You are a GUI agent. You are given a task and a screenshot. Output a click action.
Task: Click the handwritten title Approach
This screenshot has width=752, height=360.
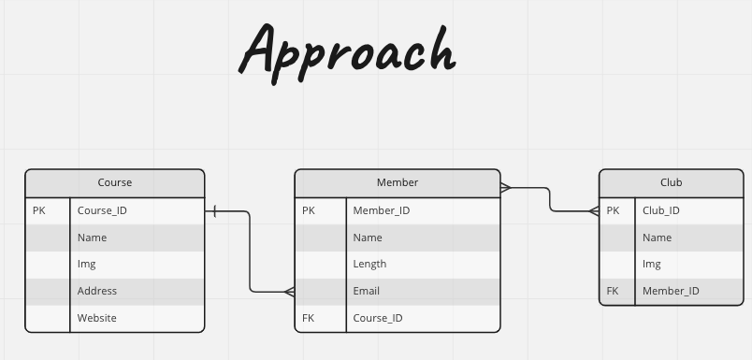[347, 49]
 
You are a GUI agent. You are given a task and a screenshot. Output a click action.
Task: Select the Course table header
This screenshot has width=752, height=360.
[115, 182]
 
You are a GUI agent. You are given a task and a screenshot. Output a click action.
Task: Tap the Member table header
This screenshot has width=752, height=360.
[398, 182]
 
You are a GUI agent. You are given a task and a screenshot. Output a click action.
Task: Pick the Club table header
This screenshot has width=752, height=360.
[671, 182]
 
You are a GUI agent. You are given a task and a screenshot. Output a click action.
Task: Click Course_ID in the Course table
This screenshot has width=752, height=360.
[102, 210]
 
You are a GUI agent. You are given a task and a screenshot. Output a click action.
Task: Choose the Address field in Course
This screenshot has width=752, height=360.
[97, 291]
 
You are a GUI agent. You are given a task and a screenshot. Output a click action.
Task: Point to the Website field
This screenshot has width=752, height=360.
[97, 318]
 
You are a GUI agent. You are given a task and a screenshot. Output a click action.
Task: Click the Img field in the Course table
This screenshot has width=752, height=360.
[87, 265]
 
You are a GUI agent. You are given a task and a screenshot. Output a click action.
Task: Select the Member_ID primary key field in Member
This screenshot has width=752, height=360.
[382, 210]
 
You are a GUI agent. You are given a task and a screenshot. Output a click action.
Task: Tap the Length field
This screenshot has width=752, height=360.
[369, 265]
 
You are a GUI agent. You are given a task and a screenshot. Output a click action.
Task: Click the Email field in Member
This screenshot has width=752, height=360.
[367, 291]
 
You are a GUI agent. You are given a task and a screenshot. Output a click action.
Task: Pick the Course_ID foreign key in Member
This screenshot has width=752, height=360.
[378, 318]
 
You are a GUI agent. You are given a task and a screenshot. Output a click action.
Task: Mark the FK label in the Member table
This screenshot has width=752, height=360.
[309, 318]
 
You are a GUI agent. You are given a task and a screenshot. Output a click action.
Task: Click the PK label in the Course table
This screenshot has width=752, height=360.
[39, 210]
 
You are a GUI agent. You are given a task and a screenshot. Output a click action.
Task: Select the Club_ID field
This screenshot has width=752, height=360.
[661, 210]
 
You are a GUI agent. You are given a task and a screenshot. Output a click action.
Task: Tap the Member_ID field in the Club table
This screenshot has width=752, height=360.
[671, 291]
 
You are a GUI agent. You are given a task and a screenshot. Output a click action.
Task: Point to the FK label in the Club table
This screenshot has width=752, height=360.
[613, 291]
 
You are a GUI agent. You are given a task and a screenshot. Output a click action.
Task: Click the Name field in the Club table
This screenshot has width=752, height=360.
[658, 238]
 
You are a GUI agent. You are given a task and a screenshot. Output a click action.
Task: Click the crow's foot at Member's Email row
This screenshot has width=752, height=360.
[289, 292]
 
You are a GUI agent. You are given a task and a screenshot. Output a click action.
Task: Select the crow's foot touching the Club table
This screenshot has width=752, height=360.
[593, 211]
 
